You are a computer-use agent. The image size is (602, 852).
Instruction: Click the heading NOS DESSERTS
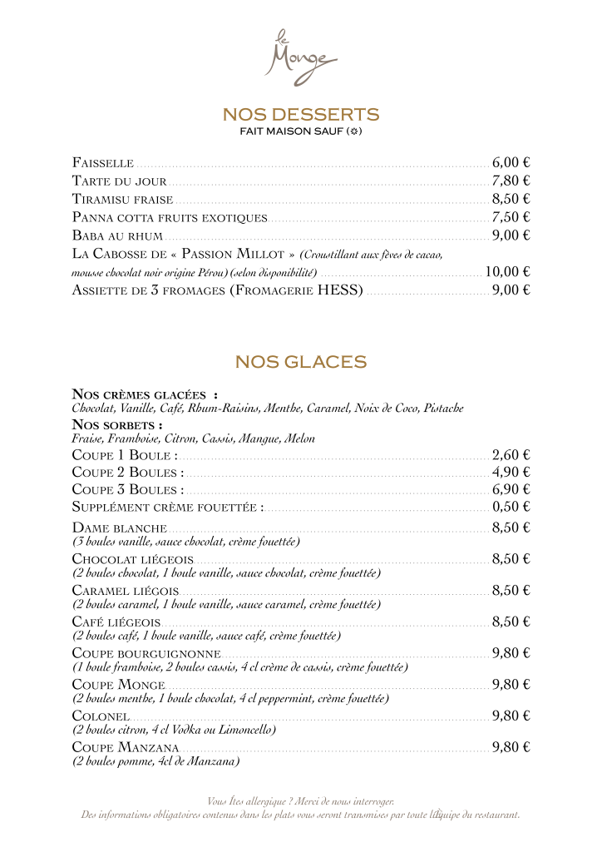[x=300, y=114]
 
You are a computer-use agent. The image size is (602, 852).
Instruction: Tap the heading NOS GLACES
[x=300, y=362]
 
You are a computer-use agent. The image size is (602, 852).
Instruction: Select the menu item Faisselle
[x=103, y=162]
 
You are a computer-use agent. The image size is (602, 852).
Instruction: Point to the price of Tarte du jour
[x=511, y=181]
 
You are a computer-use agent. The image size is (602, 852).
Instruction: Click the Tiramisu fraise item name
[x=122, y=199]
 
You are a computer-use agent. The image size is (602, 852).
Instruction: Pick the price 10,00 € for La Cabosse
[x=507, y=271]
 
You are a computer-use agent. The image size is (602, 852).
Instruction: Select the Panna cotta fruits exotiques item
[x=170, y=217]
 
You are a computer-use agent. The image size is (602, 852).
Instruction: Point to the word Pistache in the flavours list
[x=443, y=409]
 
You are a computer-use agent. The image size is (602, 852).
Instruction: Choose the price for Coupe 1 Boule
[x=511, y=455]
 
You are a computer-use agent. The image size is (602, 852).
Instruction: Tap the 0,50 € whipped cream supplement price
[x=511, y=507]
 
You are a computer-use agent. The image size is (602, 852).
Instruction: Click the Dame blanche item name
[x=120, y=528]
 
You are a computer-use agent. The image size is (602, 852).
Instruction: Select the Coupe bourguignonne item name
[x=146, y=653]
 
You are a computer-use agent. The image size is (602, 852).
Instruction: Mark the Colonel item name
[x=101, y=716]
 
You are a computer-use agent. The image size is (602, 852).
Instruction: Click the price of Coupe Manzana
[x=511, y=747]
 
